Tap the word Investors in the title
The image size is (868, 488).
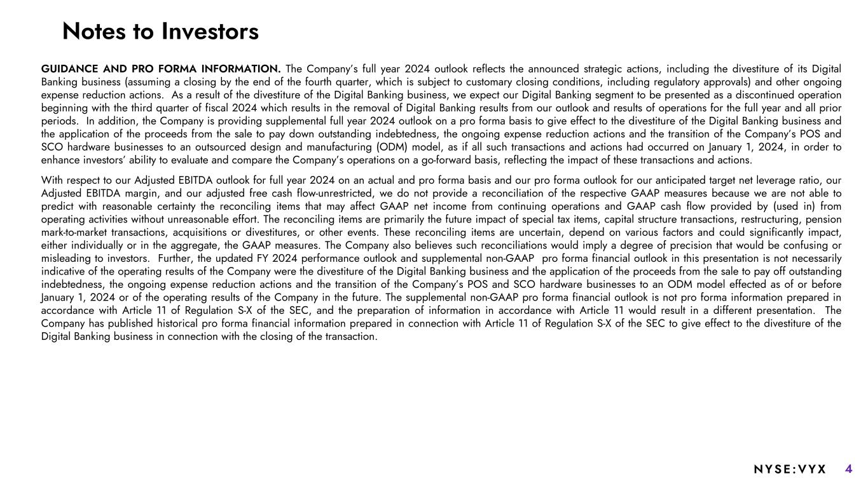[x=209, y=31]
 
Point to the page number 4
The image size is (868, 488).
[x=849, y=470]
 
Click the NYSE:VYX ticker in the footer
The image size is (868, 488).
[x=790, y=470]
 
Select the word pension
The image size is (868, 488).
[x=824, y=219]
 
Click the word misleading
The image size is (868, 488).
[x=67, y=258]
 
